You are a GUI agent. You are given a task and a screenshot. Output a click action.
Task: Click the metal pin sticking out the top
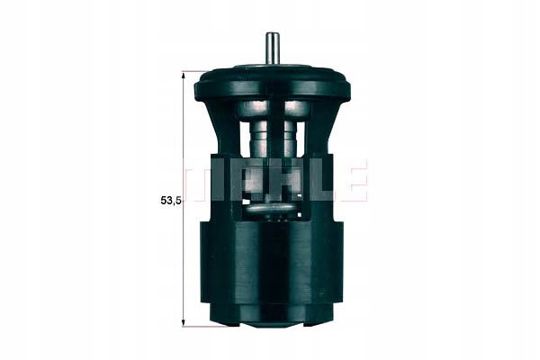click(272, 48)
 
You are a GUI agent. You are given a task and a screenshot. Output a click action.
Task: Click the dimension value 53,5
click(170, 201)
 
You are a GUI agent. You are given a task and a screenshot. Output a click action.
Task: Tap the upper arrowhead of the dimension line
click(184, 76)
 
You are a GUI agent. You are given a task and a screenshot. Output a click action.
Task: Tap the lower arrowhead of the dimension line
click(184, 320)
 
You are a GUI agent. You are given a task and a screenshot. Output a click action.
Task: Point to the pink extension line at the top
click(195, 72)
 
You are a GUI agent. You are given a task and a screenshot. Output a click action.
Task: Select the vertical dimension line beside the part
click(184, 199)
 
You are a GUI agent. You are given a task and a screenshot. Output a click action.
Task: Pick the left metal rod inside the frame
click(257, 138)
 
